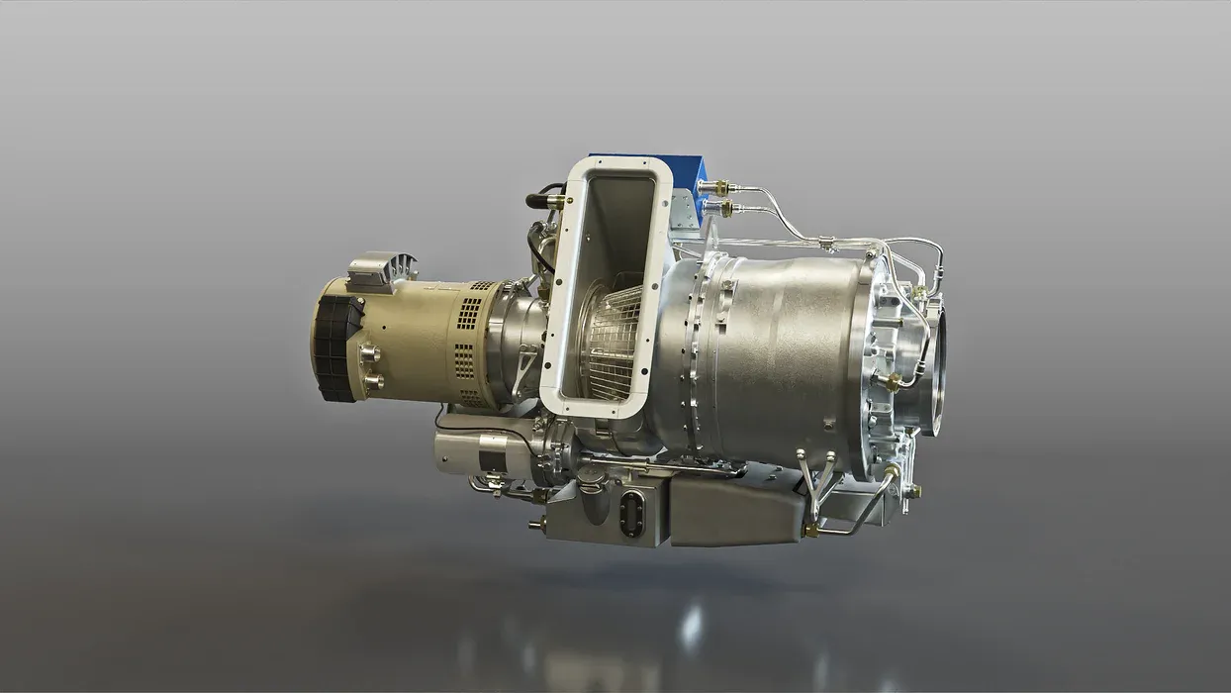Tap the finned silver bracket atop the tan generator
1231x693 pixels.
pyautogui.click(x=383, y=268)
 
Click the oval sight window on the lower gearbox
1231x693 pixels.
pyautogui.click(x=630, y=514)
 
